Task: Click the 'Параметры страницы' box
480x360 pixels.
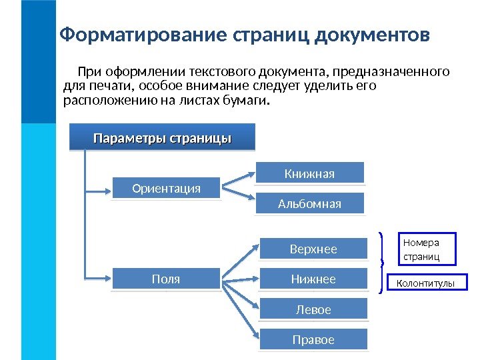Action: (162, 139)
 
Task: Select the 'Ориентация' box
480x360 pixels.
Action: (166, 189)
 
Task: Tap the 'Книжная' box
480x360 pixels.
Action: (309, 174)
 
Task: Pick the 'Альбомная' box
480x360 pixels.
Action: (309, 204)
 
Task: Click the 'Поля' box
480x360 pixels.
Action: (166, 279)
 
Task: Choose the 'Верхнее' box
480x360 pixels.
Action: (313, 249)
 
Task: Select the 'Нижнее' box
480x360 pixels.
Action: (313, 279)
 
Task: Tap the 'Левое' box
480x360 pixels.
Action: (313, 310)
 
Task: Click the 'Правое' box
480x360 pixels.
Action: (313, 340)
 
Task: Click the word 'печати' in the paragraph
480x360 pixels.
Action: (110, 86)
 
